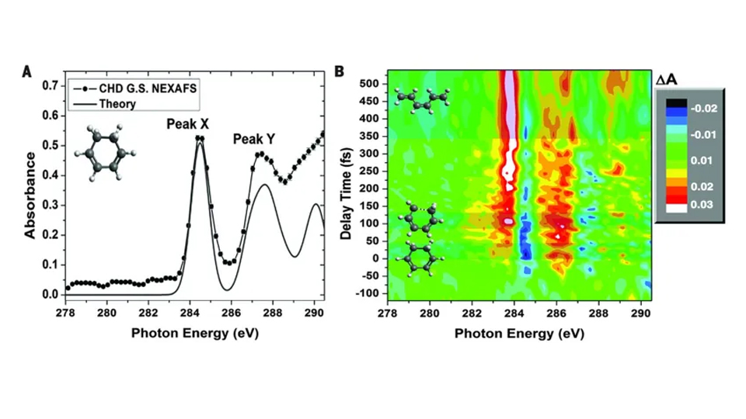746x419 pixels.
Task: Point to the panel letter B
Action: (340, 71)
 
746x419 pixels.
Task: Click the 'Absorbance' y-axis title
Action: (30, 189)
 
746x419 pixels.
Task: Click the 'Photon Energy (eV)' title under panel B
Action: (518, 333)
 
